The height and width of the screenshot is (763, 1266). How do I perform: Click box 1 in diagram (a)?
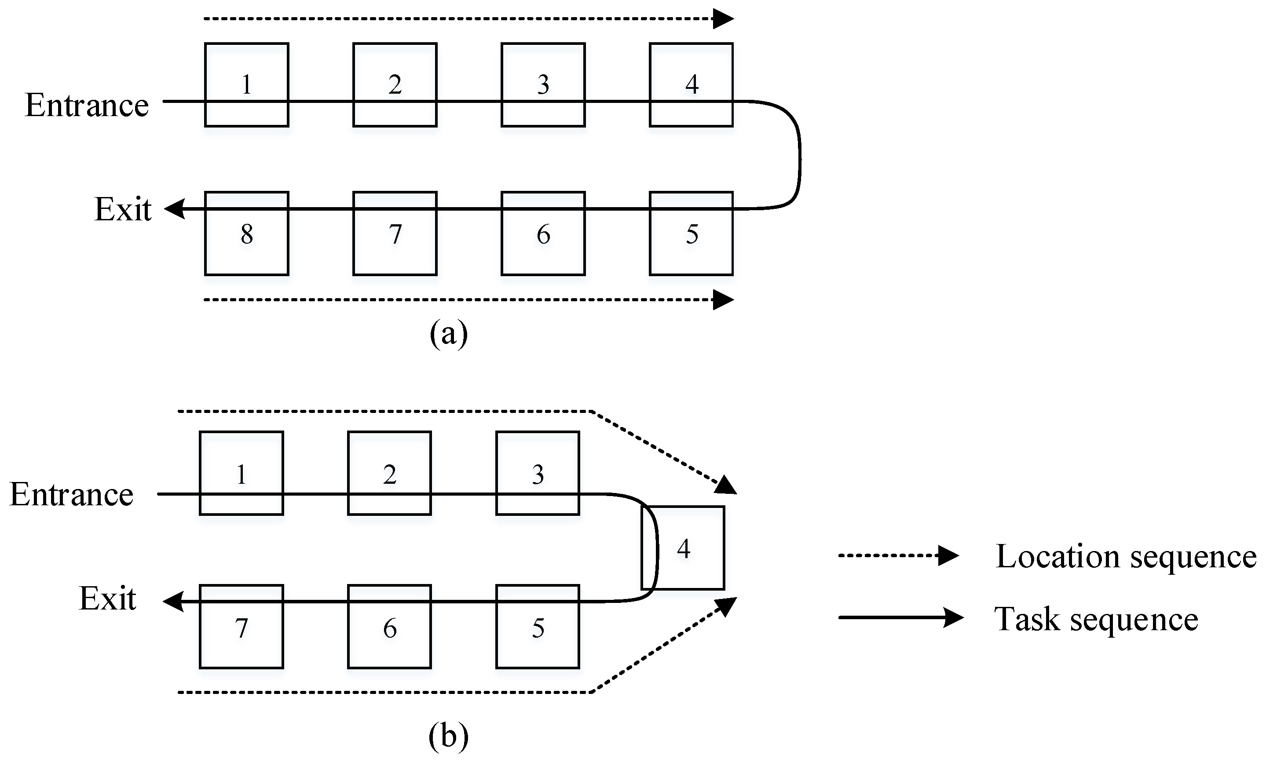[247, 85]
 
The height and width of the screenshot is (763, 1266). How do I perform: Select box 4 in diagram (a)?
[691, 85]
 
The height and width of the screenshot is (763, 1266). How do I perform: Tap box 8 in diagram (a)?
[247, 234]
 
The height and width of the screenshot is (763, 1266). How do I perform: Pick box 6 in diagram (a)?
[543, 234]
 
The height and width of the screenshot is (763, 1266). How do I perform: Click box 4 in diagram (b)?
[683, 548]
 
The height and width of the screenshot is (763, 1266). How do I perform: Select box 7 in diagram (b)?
[241, 627]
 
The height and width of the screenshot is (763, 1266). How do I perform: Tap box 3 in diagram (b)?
[538, 473]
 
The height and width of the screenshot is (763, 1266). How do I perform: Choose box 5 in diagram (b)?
[538, 627]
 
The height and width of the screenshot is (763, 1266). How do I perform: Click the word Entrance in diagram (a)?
[87, 106]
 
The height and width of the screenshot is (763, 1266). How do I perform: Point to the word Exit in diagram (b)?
[107, 599]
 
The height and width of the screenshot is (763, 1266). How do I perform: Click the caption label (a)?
[449, 334]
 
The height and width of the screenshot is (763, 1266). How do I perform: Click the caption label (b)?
[449, 736]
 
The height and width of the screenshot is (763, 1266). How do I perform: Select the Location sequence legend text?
[1125, 556]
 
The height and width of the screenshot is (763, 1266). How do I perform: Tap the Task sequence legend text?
[1096, 619]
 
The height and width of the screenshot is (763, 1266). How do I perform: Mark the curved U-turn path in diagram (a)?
[799, 154]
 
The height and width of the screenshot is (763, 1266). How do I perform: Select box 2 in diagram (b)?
[389, 473]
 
